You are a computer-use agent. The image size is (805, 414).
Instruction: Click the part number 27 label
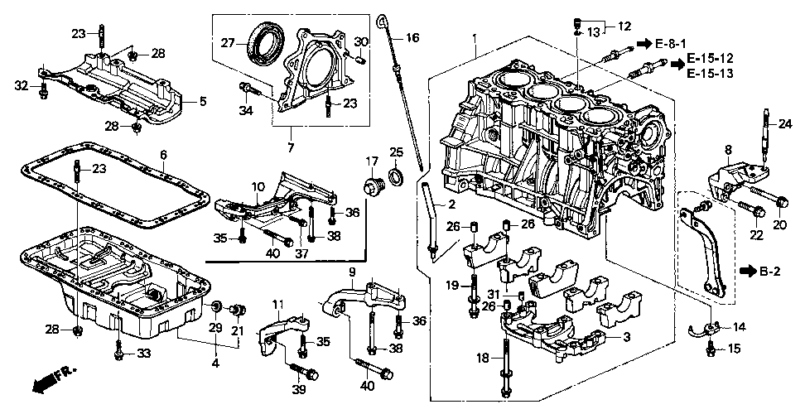(x=227, y=42)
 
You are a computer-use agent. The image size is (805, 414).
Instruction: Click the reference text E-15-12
(x=710, y=60)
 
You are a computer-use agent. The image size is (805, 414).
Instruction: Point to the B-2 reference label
(x=769, y=270)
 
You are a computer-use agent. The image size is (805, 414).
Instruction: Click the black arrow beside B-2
(x=748, y=270)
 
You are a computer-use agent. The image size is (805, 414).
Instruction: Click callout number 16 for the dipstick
(x=412, y=37)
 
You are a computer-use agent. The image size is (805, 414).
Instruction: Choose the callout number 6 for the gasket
(x=163, y=155)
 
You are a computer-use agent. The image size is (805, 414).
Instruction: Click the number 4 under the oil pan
(x=215, y=362)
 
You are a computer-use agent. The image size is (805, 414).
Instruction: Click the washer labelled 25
(x=395, y=176)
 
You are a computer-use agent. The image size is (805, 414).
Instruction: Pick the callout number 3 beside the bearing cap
(x=627, y=338)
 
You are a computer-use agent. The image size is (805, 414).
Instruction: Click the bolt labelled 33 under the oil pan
(x=119, y=354)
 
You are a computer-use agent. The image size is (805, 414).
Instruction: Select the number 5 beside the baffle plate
(x=201, y=102)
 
